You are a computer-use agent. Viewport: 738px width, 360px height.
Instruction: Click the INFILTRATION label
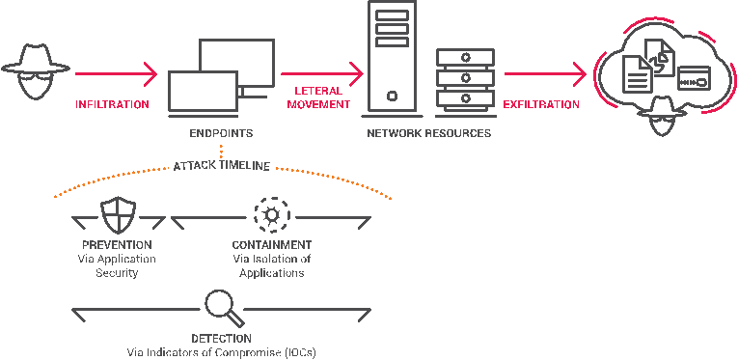[113, 104]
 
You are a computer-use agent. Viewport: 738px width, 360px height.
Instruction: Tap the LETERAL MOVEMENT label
[318, 97]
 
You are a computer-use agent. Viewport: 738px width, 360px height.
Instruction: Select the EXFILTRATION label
[542, 104]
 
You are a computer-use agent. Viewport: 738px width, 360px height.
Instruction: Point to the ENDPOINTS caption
[221, 132]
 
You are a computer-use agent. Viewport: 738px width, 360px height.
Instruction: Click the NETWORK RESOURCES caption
[427, 132]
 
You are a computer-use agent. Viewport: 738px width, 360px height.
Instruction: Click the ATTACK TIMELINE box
[221, 165]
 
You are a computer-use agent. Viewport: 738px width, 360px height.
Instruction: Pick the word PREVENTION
[117, 245]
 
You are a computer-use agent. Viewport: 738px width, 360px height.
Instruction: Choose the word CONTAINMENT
[271, 245]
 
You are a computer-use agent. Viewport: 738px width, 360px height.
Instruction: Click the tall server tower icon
[393, 55]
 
